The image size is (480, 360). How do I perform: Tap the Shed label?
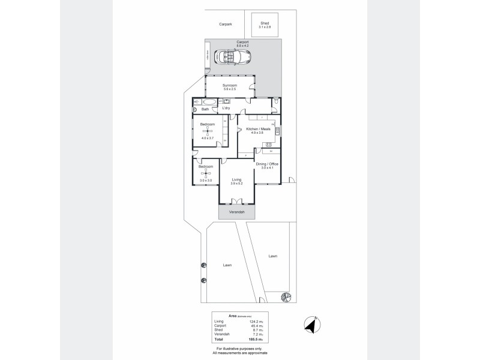tap(264, 23)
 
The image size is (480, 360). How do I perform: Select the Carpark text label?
tap(226, 25)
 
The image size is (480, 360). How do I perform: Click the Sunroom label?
tap(230, 86)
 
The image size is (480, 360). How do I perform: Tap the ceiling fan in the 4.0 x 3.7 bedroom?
tap(208, 131)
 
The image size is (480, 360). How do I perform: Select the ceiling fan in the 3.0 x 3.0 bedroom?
tap(206, 173)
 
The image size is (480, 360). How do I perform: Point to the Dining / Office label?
tap(267, 164)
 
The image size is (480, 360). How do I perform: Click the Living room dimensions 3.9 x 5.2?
tap(236, 183)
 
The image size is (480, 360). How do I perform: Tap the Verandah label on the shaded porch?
tap(236, 212)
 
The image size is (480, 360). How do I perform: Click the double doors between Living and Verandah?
tap(236, 202)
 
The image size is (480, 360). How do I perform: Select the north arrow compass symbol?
tap(311, 323)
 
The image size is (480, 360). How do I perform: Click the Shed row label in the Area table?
tap(218, 331)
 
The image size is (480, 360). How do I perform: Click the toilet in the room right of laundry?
tap(274, 103)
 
